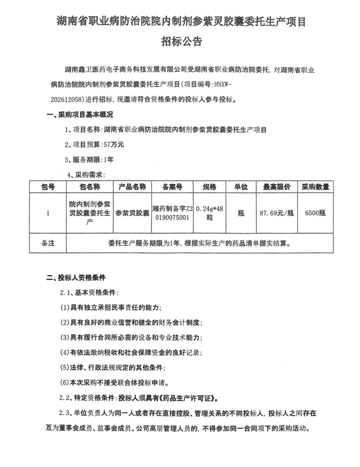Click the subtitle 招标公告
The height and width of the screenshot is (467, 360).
pos(180,41)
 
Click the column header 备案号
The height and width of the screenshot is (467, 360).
pos(173,187)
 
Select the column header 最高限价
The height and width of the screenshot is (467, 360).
pos(277,187)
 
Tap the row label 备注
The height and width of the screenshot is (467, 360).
pos(48,242)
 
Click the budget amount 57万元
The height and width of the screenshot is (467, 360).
pos(113,144)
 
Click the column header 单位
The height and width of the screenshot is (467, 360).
pos(241,187)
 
